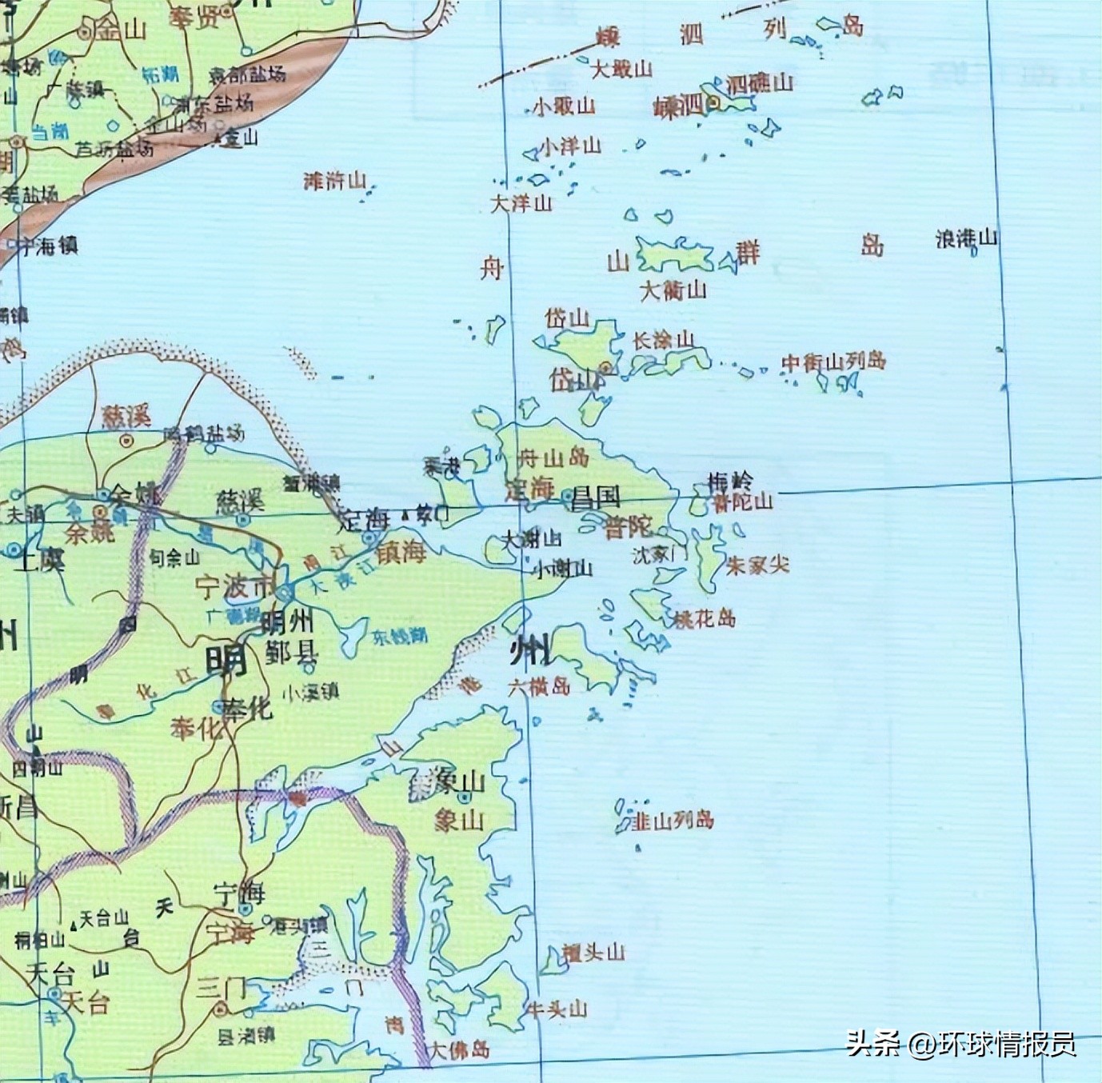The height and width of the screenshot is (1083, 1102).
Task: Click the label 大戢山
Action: click(621, 70)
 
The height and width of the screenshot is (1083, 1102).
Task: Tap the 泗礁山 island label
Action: click(760, 82)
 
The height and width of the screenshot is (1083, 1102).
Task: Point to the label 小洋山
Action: click(570, 146)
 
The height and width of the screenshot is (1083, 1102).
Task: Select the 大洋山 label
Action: click(521, 203)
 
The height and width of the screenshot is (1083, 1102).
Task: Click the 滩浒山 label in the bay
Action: click(335, 181)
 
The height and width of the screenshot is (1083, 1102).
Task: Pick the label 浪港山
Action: click(967, 238)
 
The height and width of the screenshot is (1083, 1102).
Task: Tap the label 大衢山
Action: click(673, 290)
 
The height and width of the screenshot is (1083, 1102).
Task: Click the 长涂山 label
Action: click(663, 341)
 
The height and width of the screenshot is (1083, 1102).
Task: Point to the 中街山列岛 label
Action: click(833, 362)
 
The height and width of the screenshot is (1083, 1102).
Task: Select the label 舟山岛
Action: click(553, 458)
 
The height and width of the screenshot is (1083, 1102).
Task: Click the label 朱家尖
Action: click(757, 565)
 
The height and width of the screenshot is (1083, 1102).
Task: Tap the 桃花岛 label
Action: click(704, 618)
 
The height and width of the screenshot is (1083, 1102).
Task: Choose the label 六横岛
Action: click(539, 686)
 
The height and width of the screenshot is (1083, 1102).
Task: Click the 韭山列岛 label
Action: click(673, 820)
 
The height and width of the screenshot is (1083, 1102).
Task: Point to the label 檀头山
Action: click(593, 953)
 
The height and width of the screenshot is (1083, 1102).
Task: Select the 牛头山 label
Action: click(556, 1009)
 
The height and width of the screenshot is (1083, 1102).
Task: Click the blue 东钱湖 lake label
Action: click(399, 637)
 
